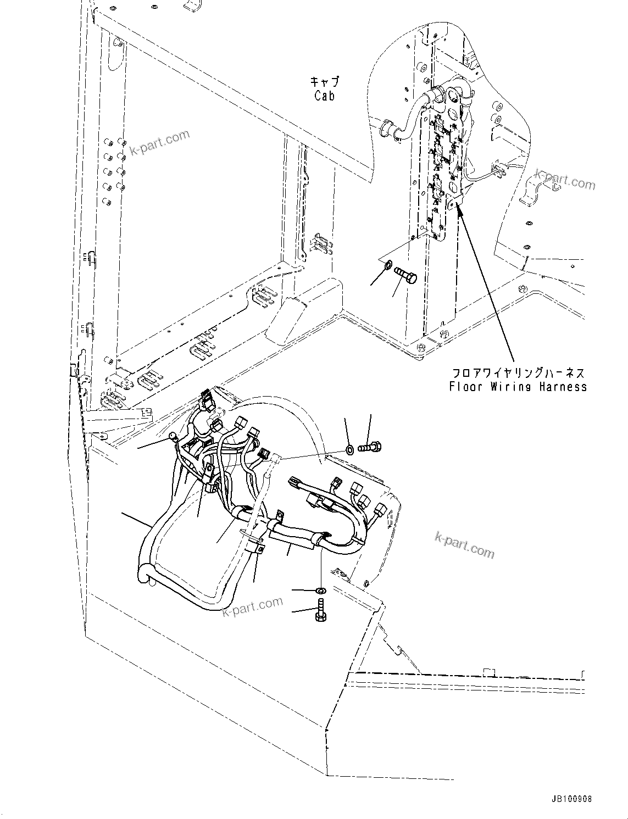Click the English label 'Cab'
coord(325,96)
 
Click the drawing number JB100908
coord(569,799)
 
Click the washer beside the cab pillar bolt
coord(388,266)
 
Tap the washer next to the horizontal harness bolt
coord(350,450)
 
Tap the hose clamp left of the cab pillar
coord(388,129)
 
